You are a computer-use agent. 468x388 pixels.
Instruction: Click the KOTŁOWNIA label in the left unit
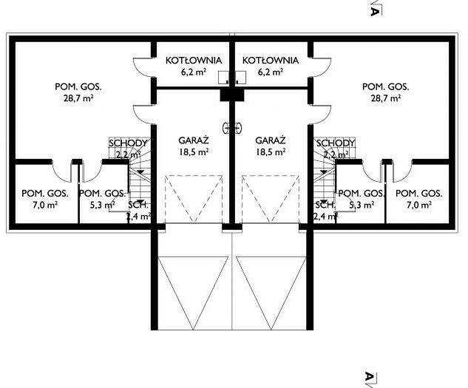tap(194, 61)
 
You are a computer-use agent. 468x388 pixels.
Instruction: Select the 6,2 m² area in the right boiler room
tap(270, 72)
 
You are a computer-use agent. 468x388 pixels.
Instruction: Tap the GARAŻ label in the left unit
tap(194, 140)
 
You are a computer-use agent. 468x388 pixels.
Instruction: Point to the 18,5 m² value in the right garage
tap(271, 152)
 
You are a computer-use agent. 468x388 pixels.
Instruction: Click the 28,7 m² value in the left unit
tap(78, 98)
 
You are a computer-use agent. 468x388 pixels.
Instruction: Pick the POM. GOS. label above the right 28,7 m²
tap(386, 87)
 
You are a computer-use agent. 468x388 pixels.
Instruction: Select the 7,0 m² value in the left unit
tap(45, 205)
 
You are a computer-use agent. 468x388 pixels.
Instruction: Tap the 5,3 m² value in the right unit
tap(362, 205)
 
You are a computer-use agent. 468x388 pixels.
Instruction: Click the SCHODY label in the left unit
tap(128, 143)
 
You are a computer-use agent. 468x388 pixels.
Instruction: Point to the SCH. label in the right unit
tap(325, 205)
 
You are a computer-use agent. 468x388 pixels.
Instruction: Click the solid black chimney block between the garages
tap(232, 95)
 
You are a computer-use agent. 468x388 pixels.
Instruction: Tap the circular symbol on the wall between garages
tap(232, 128)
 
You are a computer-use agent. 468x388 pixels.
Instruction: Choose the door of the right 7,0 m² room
tap(403, 171)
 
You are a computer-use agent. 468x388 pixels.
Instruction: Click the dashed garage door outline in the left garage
tap(194, 199)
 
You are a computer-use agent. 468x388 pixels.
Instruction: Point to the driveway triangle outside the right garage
tap(271, 293)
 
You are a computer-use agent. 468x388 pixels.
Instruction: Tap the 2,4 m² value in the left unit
tap(138, 216)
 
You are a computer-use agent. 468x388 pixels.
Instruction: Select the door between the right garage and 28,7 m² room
tap(321, 115)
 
